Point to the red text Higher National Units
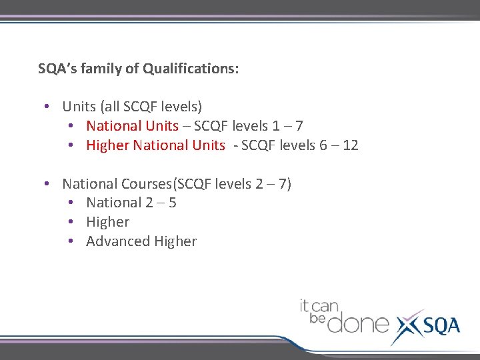tap(155, 145)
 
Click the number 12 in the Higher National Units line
tap(351, 145)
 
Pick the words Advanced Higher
tap(141, 241)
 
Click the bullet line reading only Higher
tap(108, 222)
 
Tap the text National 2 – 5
tap(131, 203)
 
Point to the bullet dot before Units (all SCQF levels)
tap(46, 107)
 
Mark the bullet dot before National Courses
tap(46, 184)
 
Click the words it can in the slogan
tap(319, 307)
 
